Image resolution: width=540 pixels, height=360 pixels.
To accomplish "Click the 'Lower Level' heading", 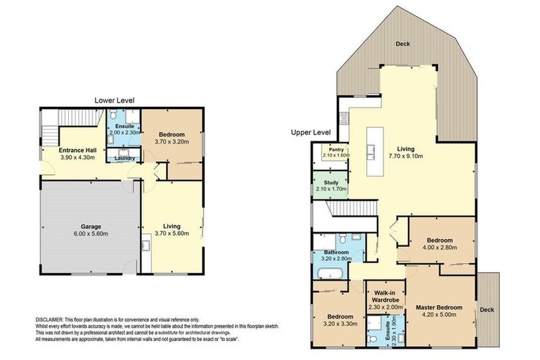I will point(114,101).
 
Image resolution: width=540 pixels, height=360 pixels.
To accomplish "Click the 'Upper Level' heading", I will point(310,132).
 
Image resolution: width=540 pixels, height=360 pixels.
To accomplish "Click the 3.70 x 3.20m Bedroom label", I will point(171,138).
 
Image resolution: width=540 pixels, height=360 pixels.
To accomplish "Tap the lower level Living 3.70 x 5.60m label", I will point(171,230).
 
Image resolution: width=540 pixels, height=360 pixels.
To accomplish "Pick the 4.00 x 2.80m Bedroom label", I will point(438,243).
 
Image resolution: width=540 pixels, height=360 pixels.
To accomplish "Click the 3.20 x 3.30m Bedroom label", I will point(340,320).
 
